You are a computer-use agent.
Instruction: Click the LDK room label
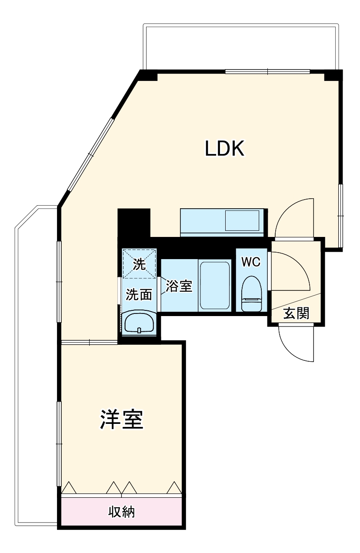pos(225,149)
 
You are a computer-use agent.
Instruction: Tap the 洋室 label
pos(122,420)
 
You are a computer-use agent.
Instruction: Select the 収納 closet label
pos(121,512)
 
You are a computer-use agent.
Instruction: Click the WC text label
pos(251,262)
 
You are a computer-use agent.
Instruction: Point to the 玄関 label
pos(296,313)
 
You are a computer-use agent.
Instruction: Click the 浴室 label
pos(179,286)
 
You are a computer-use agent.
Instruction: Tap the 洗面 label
pos(139,295)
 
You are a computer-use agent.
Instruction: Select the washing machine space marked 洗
pos(139,264)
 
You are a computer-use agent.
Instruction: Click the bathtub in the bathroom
pos(215,285)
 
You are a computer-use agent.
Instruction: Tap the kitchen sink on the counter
pos(242,221)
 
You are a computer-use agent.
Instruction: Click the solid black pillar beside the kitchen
pos(133,223)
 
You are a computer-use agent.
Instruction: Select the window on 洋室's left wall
pos(59,443)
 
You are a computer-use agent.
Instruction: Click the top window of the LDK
pos(267,71)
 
